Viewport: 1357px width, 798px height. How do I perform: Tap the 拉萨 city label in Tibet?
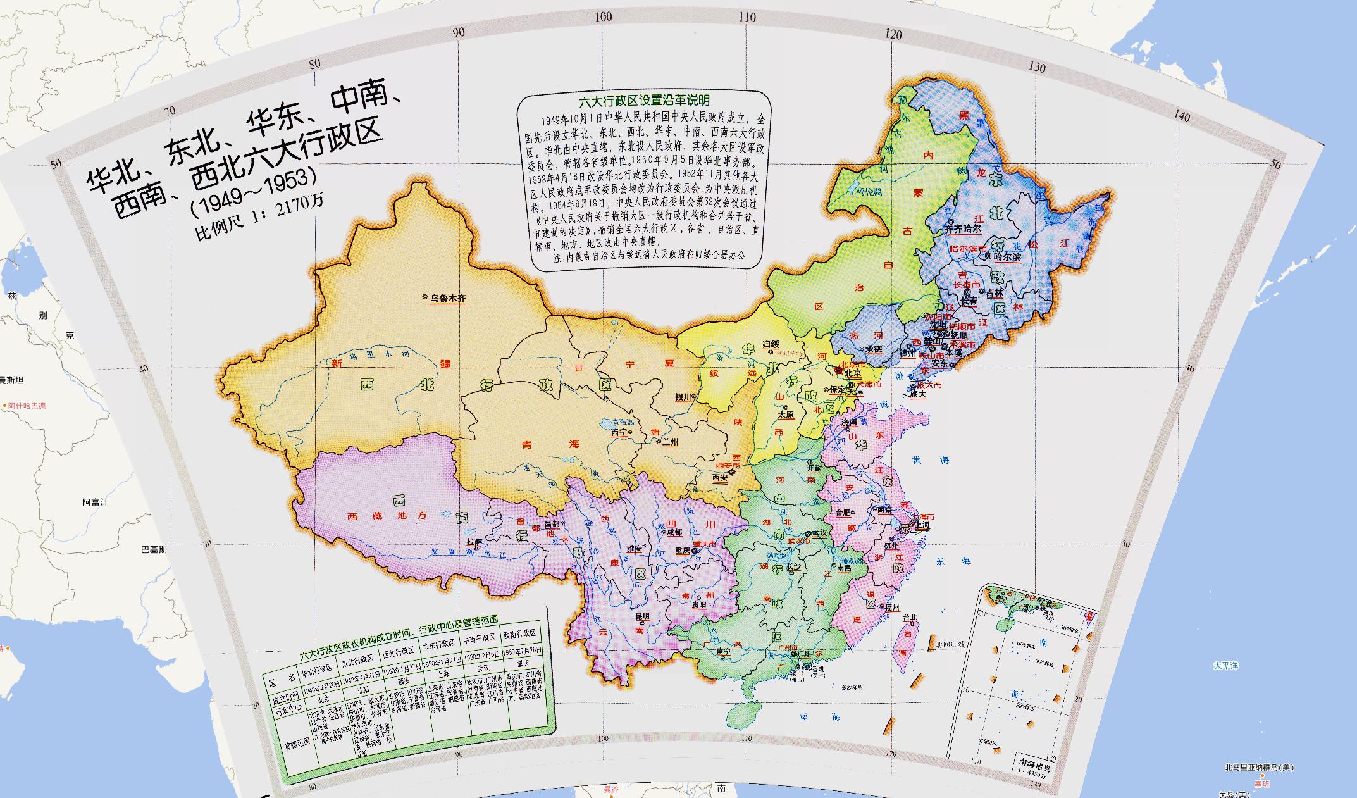pyautogui.click(x=474, y=542)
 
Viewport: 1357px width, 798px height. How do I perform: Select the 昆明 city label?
pyautogui.click(x=642, y=616)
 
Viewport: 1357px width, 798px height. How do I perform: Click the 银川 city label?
pyautogui.click(x=683, y=397)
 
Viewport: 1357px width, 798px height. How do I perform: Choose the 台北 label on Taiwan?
pyautogui.click(x=910, y=617)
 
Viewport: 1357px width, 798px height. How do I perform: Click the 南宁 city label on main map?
pyautogui.click(x=723, y=651)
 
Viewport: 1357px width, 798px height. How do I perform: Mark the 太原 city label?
pyautogui.click(x=786, y=415)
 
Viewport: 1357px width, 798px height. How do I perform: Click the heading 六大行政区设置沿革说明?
pyautogui.click(x=644, y=101)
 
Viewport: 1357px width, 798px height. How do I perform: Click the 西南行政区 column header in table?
pyautogui.click(x=519, y=633)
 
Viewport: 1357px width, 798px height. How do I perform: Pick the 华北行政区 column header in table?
pyautogui.click(x=316, y=670)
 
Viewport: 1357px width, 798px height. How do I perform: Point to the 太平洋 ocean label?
pyautogui.click(x=1225, y=666)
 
